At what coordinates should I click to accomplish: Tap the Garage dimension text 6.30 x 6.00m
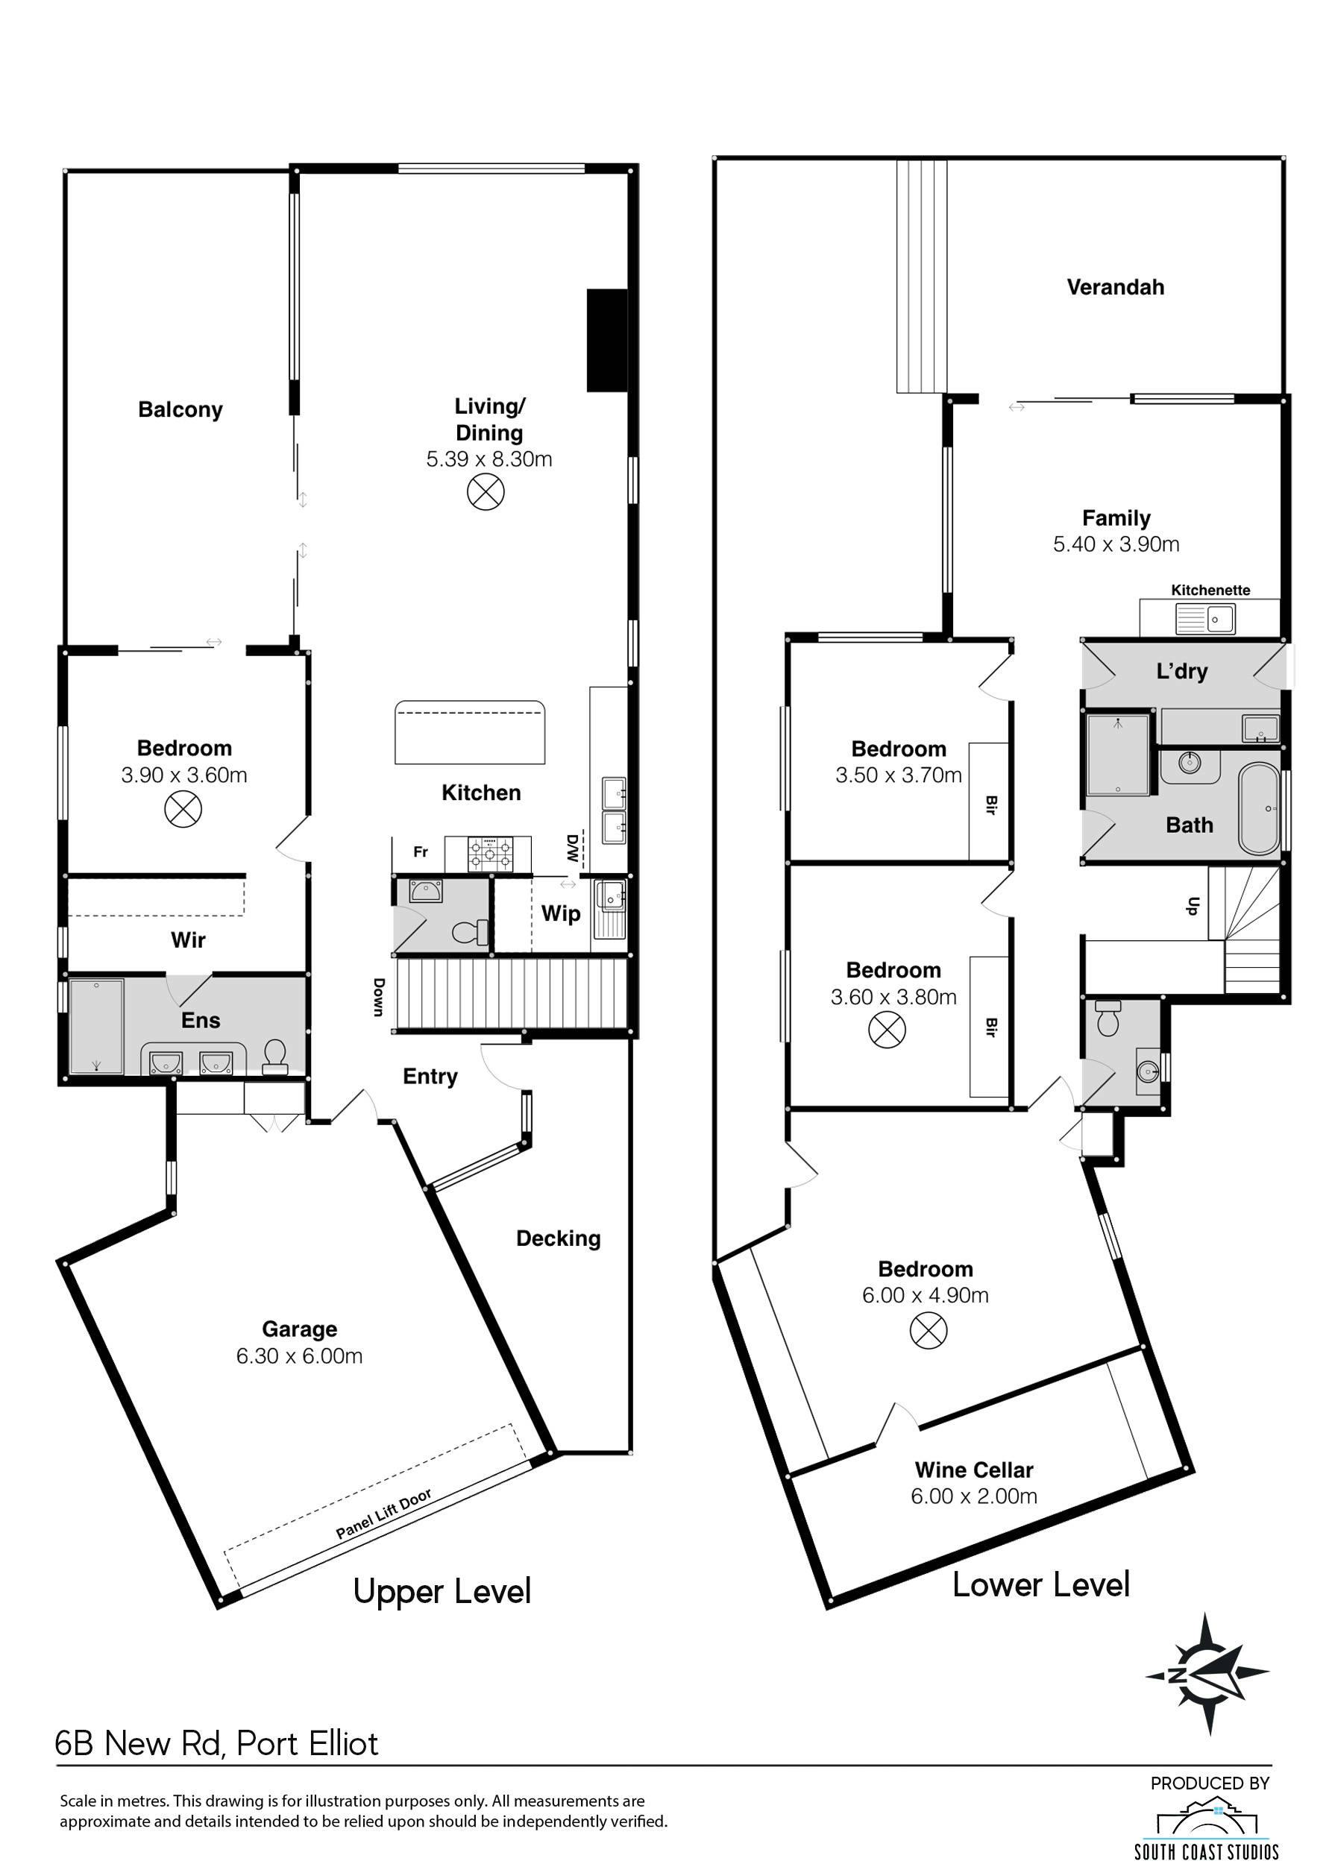(299, 1356)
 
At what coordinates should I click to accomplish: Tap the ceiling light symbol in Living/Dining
(486, 492)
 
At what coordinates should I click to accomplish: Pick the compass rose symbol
(1207, 1674)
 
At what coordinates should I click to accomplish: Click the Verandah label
(1116, 287)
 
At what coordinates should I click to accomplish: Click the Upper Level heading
(442, 1592)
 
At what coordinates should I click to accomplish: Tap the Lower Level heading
(1041, 1584)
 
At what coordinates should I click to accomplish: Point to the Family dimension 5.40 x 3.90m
(1116, 544)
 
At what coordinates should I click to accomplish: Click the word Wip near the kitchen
(561, 913)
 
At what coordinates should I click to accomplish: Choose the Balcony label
(180, 409)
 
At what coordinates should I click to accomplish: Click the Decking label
(559, 1238)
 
